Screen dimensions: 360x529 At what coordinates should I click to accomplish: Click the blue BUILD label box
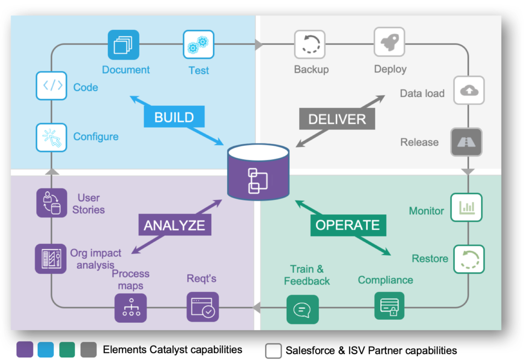pyautogui.click(x=174, y=117)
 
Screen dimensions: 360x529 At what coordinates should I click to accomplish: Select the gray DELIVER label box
pyautogui.click(x=337, y=119)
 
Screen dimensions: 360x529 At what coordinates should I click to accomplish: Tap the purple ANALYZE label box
pyautogui.click(x=174, y=225)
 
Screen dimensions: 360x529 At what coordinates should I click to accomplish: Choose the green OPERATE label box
pyautogui.click(x=347, y=225)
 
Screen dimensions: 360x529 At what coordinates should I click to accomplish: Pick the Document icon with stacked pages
pyautogui.click(x=123, y=45)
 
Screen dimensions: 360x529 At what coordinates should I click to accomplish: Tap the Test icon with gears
pyautogui.click(x=198, y=45)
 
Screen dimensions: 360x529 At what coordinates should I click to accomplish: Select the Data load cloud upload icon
pyautogui.click(x=469, y=91)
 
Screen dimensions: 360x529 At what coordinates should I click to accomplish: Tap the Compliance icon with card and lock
pyautogui.click(x=389, y=306)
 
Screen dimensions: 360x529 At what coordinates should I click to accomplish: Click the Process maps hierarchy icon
pyautogui.click(x=130, y=308)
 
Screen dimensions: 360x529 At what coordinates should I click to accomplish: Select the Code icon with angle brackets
pyautogui.click(x=52, y=86)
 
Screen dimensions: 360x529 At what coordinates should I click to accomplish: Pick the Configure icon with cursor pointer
pyautogui.click(x=52, y=137)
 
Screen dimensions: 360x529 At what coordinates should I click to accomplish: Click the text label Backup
pyautogui.click(x=311, y=69)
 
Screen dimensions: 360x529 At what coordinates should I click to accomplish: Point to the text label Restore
pyautogui.click(x=430, y=258)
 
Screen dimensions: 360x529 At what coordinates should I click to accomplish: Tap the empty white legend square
pyautogui.click(x=273, y=350)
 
